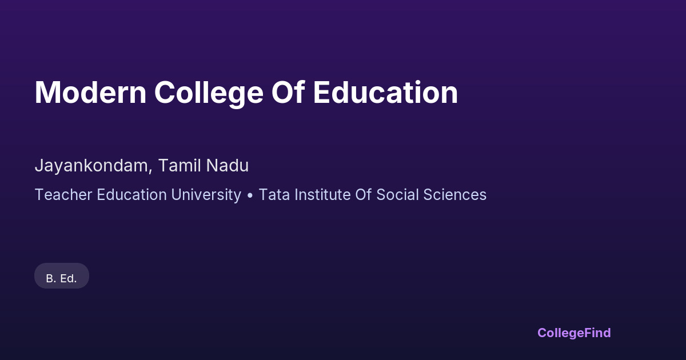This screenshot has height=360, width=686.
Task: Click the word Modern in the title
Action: (91, 93)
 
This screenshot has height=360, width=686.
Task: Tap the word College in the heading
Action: (209, 94)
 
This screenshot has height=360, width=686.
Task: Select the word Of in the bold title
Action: (288, 92)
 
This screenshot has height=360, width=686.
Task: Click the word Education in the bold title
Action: (385, 92)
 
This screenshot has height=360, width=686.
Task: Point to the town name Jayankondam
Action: (91, 166)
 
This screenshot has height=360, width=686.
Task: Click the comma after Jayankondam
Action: (150, 171)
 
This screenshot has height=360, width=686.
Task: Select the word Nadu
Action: (228, 165)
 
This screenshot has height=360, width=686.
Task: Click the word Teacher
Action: (63, 195)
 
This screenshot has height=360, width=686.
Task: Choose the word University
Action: (206, 195)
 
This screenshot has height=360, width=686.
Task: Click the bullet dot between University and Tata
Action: (250, 195)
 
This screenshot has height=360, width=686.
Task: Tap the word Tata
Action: (274, 195)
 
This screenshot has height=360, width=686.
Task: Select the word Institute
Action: (322, 195)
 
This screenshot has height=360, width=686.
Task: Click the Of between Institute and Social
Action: (363, 195)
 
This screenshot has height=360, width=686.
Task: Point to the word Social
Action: (397, 195)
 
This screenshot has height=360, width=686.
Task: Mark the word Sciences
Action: (455, 195)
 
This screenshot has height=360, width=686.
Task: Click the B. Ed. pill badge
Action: (62, 275)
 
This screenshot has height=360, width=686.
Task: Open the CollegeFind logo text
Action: (574, 333)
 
